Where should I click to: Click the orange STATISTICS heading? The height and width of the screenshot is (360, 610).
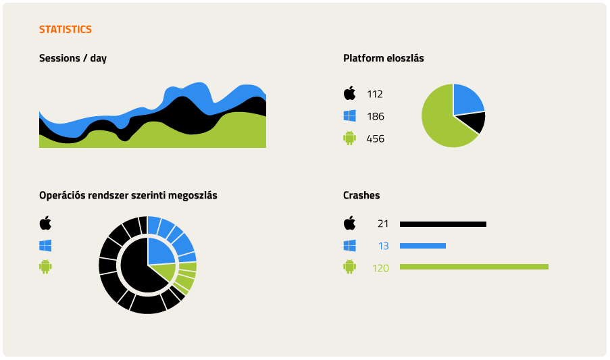pos(66,29)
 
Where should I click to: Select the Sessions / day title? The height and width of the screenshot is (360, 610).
pos(73,58)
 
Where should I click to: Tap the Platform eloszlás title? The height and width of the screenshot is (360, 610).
pos(384,58)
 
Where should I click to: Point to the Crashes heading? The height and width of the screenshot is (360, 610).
pos(361,195)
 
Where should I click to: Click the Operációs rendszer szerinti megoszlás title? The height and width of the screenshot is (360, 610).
pos(128,195)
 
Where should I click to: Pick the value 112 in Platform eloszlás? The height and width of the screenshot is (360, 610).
pos(375,94)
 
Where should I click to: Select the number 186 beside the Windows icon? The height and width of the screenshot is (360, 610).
pos(376,116)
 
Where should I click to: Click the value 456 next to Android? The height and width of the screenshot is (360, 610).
pos(376,138)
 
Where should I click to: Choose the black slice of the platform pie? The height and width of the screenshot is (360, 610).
pos(474,122)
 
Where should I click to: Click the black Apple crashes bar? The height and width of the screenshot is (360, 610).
pos(443,224)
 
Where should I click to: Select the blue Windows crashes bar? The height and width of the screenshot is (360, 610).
pos(423,246)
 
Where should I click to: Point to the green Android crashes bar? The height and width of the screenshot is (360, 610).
pos(474,267)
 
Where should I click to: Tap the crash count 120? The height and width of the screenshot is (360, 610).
pos(380,268)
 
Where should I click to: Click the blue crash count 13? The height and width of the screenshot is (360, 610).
pos(384,246)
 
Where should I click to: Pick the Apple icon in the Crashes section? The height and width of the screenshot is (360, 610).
pos(349,223)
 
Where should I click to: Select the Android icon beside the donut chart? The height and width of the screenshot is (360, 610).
pos(45,267)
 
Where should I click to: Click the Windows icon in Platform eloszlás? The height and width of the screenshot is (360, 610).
pos(350,116)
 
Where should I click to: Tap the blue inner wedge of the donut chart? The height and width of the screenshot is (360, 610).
pos(159,251)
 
